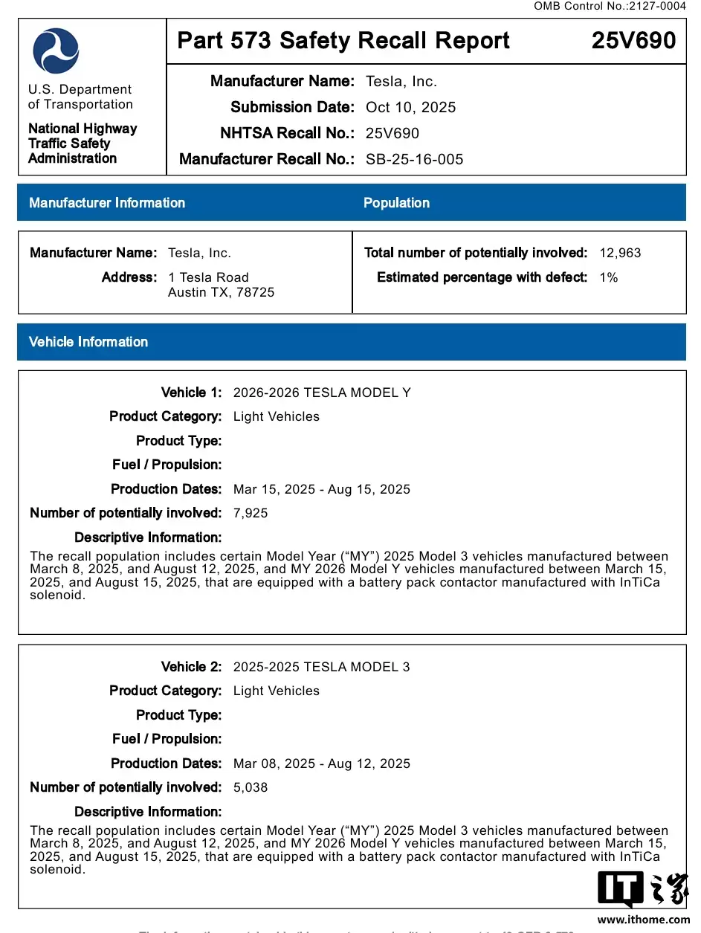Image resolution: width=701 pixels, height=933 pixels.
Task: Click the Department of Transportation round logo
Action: (56, 51)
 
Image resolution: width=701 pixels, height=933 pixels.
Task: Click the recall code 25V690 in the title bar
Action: (633, 40)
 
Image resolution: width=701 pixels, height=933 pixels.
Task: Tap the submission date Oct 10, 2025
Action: (410, 107)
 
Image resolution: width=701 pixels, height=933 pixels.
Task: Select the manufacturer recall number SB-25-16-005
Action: (414, 159)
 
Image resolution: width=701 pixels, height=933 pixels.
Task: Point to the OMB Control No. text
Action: (610, 6)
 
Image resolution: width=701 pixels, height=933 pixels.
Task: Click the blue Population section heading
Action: (396, 203)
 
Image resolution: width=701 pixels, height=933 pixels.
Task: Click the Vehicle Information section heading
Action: (88, 342)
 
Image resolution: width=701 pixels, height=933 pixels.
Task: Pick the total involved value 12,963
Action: (620, 253)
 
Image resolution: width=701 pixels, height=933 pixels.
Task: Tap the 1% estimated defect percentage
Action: (608, 277)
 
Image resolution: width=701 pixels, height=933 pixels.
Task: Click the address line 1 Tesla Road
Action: (208, 277)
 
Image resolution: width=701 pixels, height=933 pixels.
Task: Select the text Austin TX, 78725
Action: (221, 292)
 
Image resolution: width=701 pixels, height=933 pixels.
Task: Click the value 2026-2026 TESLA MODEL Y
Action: (322, 393)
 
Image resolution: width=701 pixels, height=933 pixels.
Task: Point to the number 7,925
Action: (251, 513)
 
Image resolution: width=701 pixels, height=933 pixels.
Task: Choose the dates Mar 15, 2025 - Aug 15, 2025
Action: (321, 489)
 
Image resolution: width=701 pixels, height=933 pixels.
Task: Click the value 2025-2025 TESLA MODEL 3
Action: (321, 667)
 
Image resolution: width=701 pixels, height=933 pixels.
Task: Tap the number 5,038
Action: (251, 787)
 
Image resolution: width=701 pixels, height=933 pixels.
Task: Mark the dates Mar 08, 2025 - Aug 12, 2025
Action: (321, 763)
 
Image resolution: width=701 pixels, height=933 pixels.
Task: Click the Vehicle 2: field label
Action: (191, 667)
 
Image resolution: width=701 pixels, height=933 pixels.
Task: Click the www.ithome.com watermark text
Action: (643, 920)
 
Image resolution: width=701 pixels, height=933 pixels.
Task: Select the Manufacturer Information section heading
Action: (107, 203)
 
